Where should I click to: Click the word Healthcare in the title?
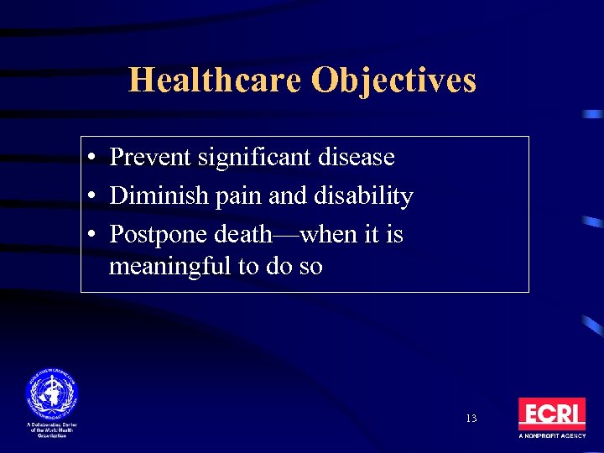point(216,81)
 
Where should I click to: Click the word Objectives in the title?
point(393,81)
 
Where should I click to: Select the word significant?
point(252,157)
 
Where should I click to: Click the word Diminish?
point(154,195)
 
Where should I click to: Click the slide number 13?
point(471,418)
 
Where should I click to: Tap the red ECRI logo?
point(551,414)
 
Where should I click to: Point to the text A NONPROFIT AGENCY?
point(551,437)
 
